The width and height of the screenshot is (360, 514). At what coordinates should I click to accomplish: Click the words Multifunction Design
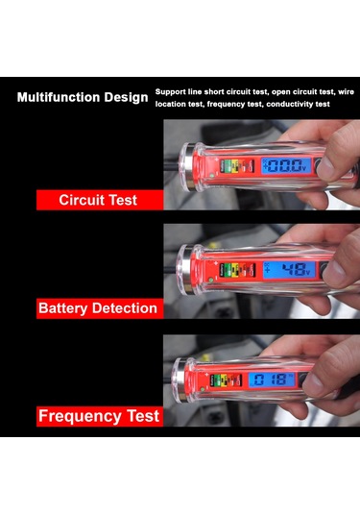83,98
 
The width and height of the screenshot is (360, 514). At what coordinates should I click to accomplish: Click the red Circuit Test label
98,200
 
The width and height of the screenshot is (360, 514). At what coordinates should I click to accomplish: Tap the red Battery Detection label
98,308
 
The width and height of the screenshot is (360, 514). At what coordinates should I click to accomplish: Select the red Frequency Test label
98,417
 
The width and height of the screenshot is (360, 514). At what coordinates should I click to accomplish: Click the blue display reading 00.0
285,166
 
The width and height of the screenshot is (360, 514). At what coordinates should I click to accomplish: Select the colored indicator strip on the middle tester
231,272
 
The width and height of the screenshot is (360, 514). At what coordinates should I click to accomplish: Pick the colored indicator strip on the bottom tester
231,379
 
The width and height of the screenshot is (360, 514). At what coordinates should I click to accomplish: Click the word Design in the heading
125,98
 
